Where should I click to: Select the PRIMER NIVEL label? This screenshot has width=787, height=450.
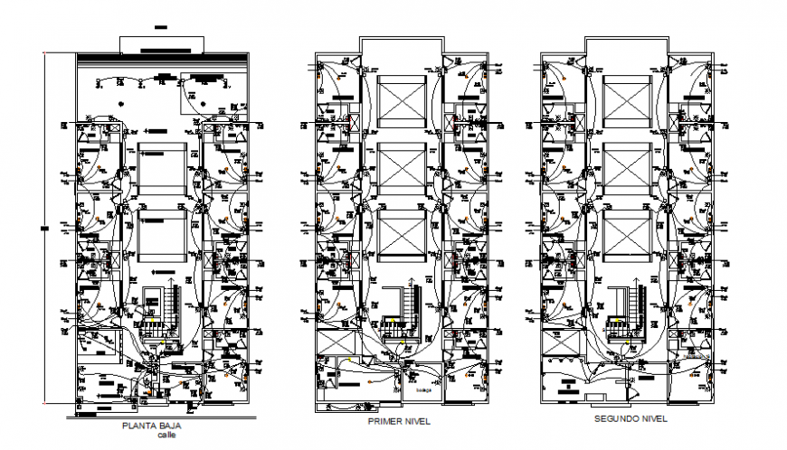398,422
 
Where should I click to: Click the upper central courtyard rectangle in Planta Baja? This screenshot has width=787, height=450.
162,167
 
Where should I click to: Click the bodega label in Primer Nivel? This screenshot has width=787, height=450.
424,391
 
